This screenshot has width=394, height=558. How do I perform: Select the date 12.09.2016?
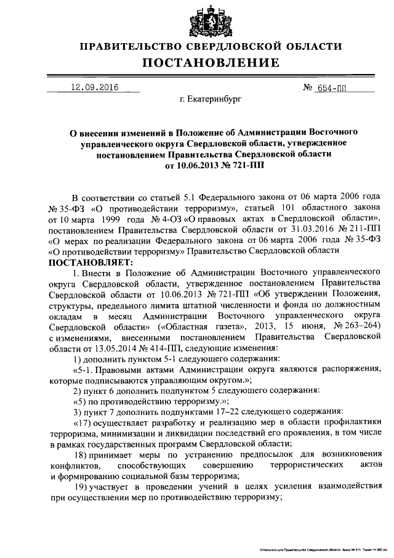[x=95, y=87]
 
